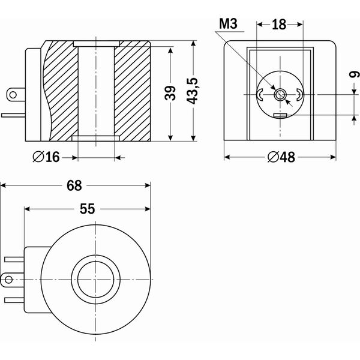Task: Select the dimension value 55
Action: coord(88,209)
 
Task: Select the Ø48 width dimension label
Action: coord(280,157)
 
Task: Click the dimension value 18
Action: coord(278,24)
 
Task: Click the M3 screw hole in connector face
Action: coord(280,94)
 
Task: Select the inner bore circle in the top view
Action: coord(96,279)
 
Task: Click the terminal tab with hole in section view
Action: coord(13,94)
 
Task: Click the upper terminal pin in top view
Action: coord(13,259)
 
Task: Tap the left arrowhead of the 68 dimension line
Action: coord(4,186)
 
